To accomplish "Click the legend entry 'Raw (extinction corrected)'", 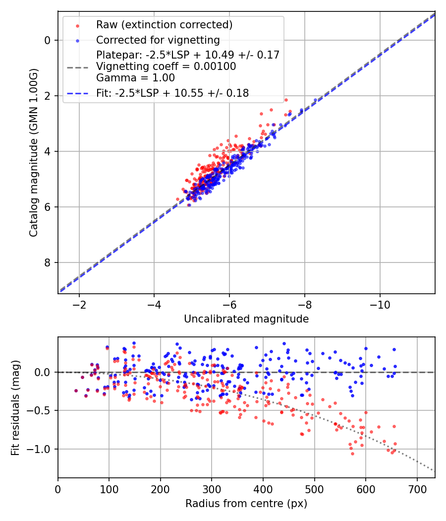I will [164, 25].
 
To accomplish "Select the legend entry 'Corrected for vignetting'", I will [158, 40].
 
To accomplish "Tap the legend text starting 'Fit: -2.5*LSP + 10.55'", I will [172, 93].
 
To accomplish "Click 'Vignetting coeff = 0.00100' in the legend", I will [166, 66].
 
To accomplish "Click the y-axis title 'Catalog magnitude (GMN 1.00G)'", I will [33, 152].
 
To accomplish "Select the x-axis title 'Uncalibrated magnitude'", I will [246, 319].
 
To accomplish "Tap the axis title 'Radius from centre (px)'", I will [246, 504].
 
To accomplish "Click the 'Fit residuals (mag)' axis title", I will [15, 408].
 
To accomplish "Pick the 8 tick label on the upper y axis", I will [48, 262].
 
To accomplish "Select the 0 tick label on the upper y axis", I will [48, 40].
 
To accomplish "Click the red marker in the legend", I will [77, 25].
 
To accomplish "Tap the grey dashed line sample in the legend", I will [77, 66].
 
